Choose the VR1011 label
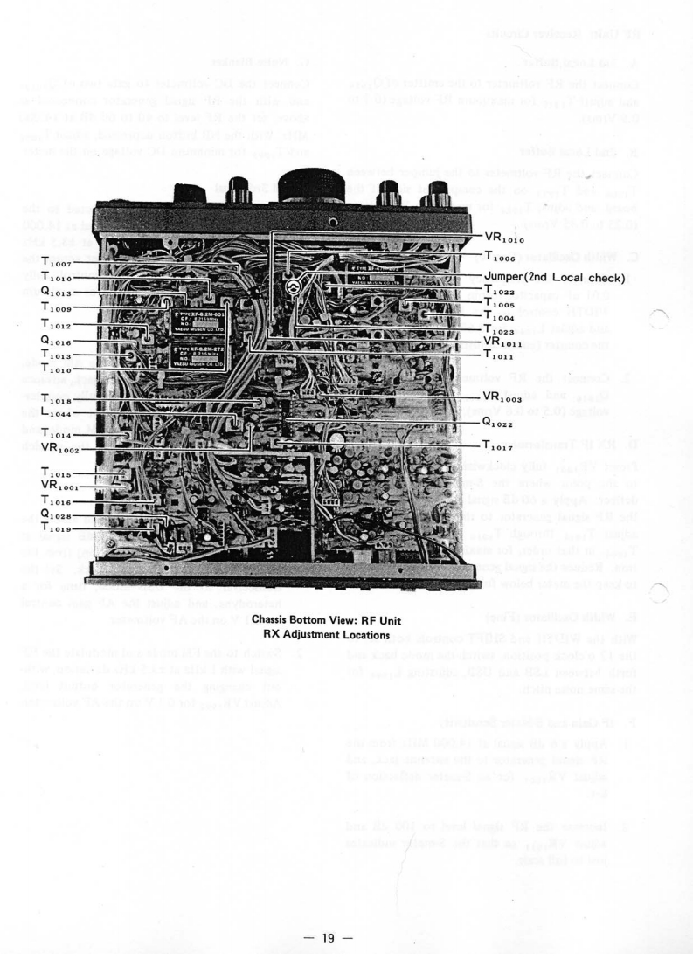point(503,342)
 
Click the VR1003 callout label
point(503,397)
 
